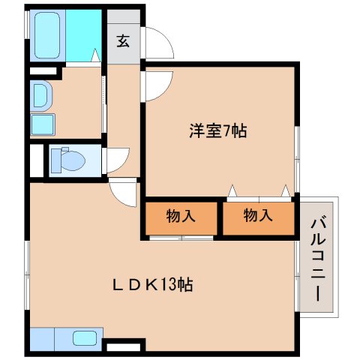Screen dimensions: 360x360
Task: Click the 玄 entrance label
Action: click(123, 41)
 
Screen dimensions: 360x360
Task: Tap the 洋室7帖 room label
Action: click(218, 130)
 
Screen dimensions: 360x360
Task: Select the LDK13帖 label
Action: click(153, 285)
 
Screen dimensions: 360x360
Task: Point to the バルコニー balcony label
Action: click(318, 260)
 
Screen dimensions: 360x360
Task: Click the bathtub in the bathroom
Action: click(47, 35)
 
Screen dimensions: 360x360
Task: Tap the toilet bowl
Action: click(68, 160)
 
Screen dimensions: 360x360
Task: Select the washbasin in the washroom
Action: click(41, 95)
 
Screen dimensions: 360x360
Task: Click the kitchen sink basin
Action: click(85, 338)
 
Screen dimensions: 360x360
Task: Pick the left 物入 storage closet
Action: click(181, 218)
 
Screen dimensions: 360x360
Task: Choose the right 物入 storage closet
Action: click(258, 218)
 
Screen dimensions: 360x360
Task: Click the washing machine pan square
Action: click(43, 124)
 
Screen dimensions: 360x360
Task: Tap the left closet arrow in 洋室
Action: click(232, 190)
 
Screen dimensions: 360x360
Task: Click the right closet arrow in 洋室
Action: click(286, 190)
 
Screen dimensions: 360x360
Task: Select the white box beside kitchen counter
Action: click(123, 347)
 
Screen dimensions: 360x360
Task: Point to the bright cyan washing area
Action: click(83, 35)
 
